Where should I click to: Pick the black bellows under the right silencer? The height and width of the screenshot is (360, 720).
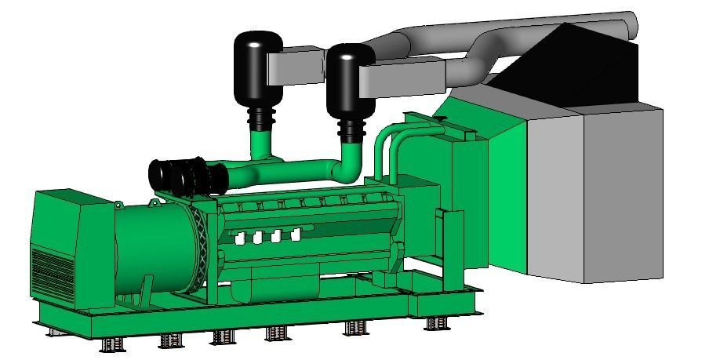tap(351, 130)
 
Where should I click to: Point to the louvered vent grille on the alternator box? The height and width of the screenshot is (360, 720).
tap(50, 271)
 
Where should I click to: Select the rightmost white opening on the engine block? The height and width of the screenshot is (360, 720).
tap(296, 234)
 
